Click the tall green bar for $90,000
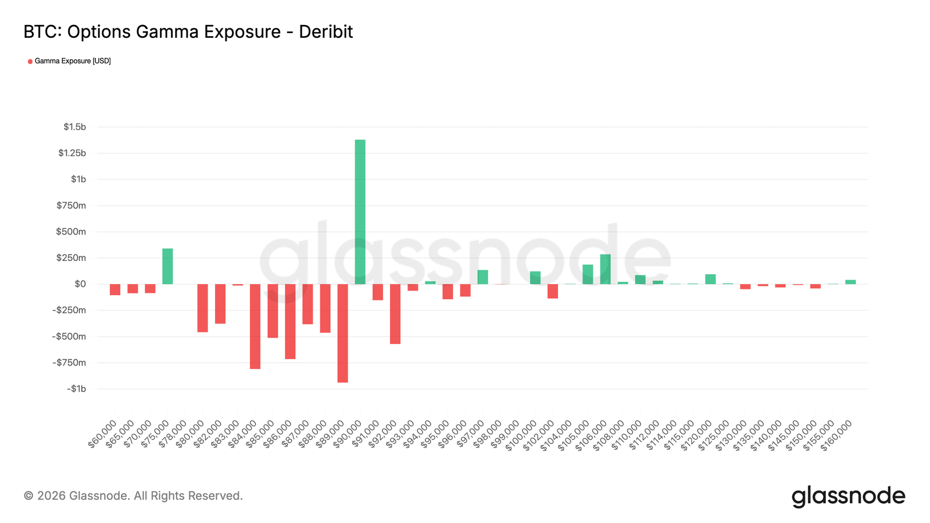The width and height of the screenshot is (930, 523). (360, 212)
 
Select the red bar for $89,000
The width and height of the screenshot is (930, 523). (342, 333)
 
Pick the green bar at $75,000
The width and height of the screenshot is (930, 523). (167, 266)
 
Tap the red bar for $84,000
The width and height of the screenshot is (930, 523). (255, 326)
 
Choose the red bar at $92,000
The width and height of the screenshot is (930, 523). (395, 314)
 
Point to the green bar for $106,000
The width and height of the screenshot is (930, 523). (605, 269)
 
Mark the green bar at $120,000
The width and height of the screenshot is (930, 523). (710, 279)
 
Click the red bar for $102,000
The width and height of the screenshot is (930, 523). (553, 291)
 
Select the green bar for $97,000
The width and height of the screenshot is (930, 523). (482, 277)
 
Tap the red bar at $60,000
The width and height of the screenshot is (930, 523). (115, 289)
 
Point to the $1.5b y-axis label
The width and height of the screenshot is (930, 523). (75, 127)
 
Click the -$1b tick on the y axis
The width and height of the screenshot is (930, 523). (76, 389)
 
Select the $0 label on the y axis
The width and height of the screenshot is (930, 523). (80, 284)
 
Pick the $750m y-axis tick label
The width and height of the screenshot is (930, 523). (71, 205)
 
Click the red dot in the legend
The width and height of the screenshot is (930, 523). (30, 62)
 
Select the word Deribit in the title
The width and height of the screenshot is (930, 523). (325, 31)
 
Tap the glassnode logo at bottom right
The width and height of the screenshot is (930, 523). (848, 496)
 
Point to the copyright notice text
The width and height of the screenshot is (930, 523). (133, 496)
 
